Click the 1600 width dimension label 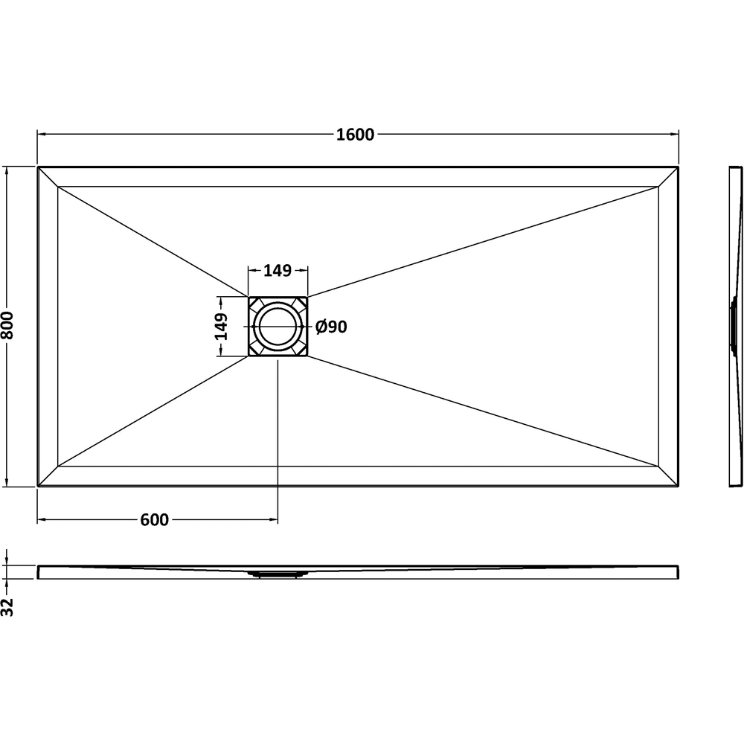click(355, 135)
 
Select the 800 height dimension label click(8, 325)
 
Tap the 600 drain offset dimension click(154, 520)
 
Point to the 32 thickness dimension click(8, 606)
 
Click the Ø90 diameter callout click(331, 327)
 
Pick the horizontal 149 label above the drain click(277, 271)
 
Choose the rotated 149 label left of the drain click(222, 327)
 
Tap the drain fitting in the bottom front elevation click(278, 573)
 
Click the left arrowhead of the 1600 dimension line click(42, 135)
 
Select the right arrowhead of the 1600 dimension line click(675, 135)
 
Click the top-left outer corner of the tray click(38, 167)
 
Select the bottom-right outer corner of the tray click(679, 487)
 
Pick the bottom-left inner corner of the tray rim click(57, 466)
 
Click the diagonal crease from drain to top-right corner click(484, 240)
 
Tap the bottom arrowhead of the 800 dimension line click(8, 483)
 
